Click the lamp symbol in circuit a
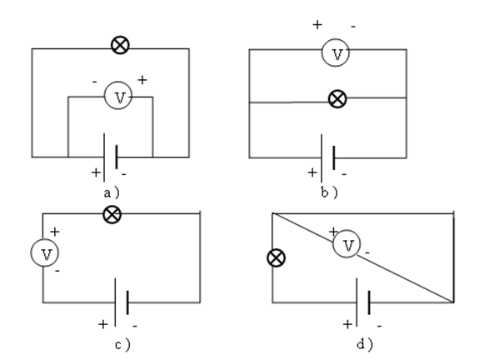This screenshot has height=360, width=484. click(120, 45)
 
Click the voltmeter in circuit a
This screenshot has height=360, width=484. click(118, 95)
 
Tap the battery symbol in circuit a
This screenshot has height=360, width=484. click(111, 157)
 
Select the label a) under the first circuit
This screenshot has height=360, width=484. click(112, 193)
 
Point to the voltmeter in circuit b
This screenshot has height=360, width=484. click(336, 52)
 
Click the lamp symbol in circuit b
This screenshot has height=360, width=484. click(337, 99)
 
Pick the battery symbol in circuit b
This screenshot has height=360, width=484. click(328, 158)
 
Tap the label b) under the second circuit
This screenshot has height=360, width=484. click(329, 192)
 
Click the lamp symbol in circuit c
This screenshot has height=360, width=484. click(112, 214)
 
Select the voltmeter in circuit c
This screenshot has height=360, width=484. click(45, 252)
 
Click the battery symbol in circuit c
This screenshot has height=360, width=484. click(122, 302)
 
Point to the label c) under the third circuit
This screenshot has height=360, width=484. click(122, 344)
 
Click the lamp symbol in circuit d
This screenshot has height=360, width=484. click(276, 257)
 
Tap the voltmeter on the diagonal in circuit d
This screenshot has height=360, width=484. click(347, 243)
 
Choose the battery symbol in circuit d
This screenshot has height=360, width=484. click(363, 302)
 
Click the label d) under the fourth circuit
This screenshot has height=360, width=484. click(365, 344)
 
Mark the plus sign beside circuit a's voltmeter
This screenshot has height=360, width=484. click(142, 80)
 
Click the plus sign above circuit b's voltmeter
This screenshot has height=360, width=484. click(317, 24)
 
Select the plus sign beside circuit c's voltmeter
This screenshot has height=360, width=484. click(55, 232)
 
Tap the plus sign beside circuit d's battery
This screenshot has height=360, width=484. click(347, 324)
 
